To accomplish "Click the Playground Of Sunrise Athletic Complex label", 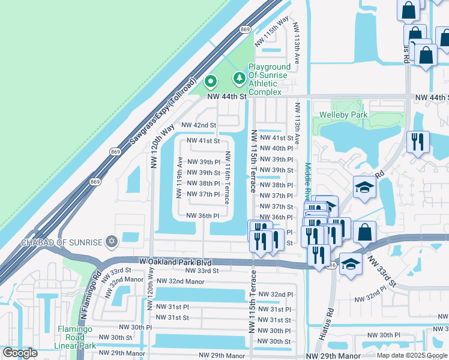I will pos(270,79).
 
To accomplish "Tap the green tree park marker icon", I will pos(239,78).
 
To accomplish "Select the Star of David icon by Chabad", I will pos(110,242).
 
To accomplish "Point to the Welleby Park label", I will pos(343,114).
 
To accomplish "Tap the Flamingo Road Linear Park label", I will pos(77,337).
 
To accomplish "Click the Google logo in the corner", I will pos(20,353).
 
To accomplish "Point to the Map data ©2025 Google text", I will pos(412,355).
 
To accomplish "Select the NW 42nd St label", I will pos(198,125).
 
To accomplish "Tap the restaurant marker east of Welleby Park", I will pos(417,142).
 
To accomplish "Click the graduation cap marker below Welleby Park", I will pos(364,188).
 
